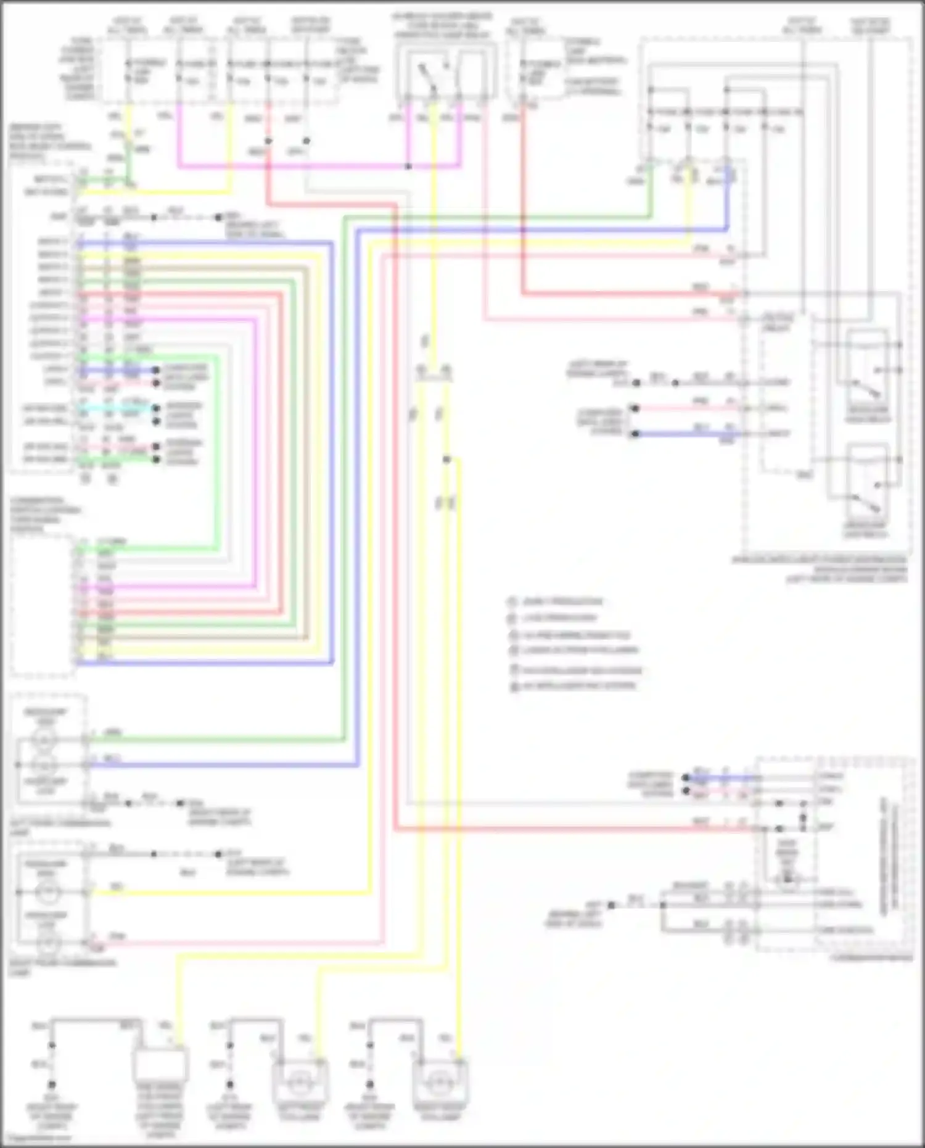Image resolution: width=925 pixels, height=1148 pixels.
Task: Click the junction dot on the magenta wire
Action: point(408,167)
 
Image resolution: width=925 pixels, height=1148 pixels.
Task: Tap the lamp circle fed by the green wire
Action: point(44,738)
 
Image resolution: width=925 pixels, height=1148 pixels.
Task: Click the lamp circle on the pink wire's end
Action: point(48,943)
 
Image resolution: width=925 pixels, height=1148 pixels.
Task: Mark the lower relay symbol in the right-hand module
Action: point(866,481)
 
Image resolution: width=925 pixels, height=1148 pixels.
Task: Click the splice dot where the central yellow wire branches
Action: point(446,460)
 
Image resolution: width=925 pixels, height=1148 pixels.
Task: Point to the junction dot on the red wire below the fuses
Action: point(268,141)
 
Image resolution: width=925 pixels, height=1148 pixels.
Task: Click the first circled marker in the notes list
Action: point(511,601)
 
